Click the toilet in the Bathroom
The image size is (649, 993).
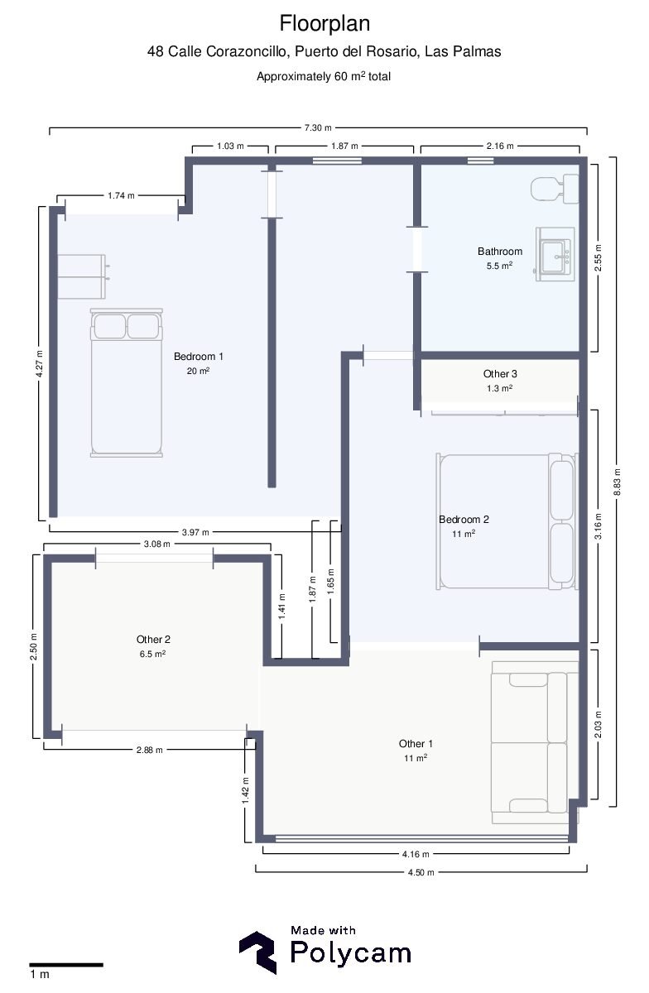tap(555, 189)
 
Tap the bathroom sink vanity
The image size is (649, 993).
tap(555, 254)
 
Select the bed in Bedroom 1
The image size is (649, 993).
tap(127, 382)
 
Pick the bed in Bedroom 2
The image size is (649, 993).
tap(507, 521)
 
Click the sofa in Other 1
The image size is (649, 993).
tap(535, 743)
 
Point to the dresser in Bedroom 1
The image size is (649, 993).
tap(82, 276)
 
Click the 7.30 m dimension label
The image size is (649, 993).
tap(318, 127)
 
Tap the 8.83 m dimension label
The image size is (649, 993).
tap(617, 482)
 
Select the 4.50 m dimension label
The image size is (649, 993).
tap(421, 872)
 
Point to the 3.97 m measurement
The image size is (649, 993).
tap(195, 532)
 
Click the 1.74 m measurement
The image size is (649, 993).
tap(121, 195)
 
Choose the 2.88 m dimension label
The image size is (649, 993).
tap(150, 750)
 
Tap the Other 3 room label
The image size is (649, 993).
tap(500, 374)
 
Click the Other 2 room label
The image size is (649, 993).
tap(153, 639)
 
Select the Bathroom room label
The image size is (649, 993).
tap(500, 252)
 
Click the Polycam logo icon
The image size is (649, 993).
tap(257, 952)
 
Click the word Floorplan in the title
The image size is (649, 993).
tap(324, 23)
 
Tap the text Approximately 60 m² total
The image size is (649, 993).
tap(324, 76)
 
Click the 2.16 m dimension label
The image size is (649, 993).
tap(500, 146)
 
